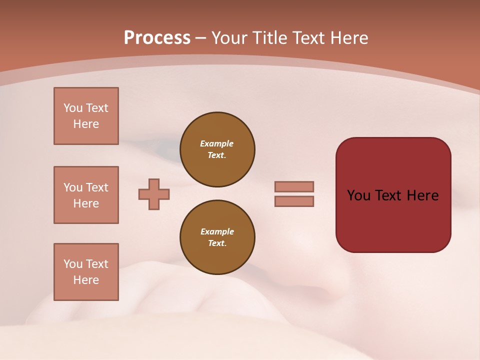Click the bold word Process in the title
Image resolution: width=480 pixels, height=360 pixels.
(x=157, y=38)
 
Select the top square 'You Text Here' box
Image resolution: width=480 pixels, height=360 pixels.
(x=86, y=116)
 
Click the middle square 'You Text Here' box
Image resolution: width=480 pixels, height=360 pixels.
(x=86, y=195)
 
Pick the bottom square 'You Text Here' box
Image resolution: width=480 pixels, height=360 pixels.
(x=86, y=272)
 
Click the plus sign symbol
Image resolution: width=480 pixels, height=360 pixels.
(x=154, y=194)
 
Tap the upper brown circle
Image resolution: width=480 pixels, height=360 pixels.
(x=217, y=149)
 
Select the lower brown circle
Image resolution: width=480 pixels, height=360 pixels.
(x=217, y=237)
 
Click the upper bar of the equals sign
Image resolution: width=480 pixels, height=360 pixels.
(x=294, y=186)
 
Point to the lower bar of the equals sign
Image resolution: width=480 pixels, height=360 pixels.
(x=294, y=201)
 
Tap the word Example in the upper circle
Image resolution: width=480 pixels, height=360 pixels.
(x=217, y=143)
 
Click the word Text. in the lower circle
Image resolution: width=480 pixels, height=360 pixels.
(x=217, y=243)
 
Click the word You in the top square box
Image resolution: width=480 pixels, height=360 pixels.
(x=73, y=108)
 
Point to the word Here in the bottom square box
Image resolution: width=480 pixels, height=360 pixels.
(x=86, y=280)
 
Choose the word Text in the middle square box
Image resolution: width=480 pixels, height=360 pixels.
(x=96, y=187)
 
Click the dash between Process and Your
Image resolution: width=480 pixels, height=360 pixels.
(x=200, y=38)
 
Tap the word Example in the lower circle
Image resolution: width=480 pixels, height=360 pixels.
(x=217, y=231)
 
